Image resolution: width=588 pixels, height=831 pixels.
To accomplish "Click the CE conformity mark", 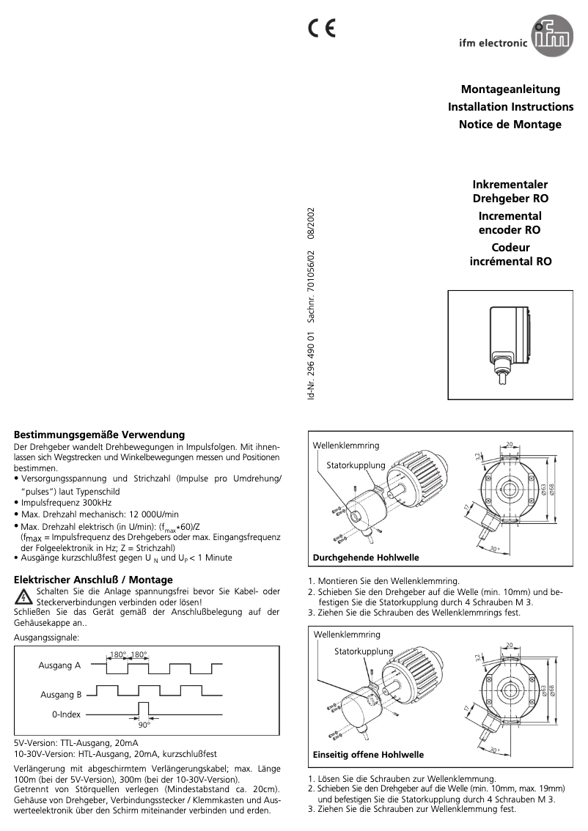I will [x=321, y=29].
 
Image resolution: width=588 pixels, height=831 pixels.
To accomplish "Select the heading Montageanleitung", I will [x=510, y=89].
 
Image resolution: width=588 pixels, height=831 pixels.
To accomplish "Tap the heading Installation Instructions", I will [x=510, y=107].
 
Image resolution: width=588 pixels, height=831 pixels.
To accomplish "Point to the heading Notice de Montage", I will [x=510, y=125].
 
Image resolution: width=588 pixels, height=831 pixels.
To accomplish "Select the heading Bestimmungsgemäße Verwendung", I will [x=99, y=435].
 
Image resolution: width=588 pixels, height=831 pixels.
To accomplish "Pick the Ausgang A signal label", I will [x=59, y=666].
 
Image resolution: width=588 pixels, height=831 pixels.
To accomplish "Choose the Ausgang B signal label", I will [x=59, y=694].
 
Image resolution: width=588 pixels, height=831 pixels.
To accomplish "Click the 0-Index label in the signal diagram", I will [x=66, y=714].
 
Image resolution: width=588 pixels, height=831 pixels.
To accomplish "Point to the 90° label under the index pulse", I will [x=144, y=725].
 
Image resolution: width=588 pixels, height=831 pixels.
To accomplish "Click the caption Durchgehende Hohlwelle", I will [x=366, y=558].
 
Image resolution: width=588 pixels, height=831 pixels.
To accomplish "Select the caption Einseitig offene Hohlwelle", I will [x=368, y=754].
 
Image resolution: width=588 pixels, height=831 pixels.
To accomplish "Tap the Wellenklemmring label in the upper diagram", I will [x=346, y=446].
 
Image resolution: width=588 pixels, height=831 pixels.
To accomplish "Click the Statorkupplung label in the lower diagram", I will [x=364, y=651].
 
